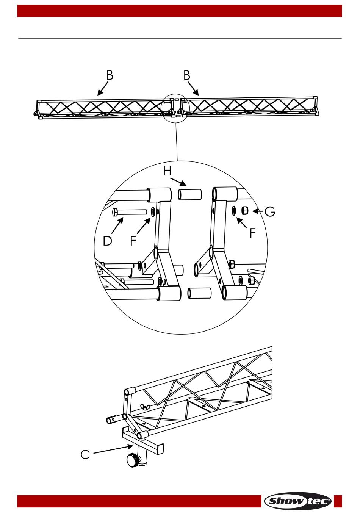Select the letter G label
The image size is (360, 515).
pos(270,211)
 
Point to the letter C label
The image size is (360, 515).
pos(85,454)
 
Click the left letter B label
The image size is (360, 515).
pos(110,75)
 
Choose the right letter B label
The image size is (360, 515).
pos(186,75)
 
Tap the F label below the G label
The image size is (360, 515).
pos(252,233)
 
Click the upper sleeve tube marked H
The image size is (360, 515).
pos(190,195)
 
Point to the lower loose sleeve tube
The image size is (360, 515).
pos(199,294)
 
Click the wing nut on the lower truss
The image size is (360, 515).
pos(144,407)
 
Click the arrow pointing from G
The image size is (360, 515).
pos(258,211)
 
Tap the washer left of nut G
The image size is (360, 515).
pos(235,210)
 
